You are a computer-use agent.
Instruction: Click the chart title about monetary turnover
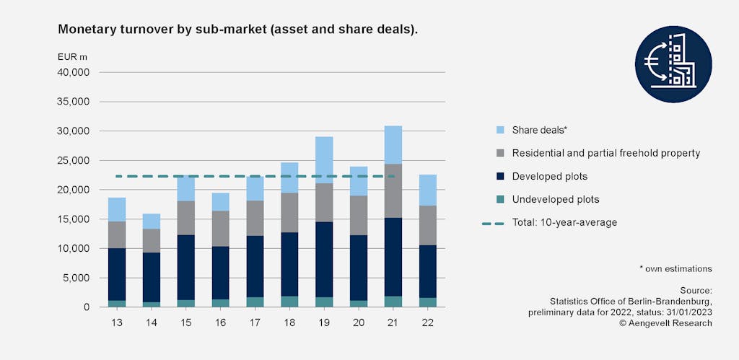(x=238, y=30)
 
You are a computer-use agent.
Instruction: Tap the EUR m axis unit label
(x=72, y=56)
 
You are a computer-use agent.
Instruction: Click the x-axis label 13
(x=116, y=320)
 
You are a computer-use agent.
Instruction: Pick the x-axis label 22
(x=427, y=320)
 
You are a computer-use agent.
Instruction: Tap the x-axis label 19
(x=323, y=320)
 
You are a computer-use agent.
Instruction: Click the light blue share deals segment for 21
(x=393, y=144)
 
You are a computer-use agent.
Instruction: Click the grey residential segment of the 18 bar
(x=289, y=212)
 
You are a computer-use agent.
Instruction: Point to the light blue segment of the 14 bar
(x=151, y=221)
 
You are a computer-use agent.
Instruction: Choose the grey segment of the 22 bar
(x=427, y=225)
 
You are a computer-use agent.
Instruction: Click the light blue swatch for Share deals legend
(x=491, y=130)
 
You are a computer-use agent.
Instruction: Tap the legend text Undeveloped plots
(x=556, y=199)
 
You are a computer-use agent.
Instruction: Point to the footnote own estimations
(x=675, y=268)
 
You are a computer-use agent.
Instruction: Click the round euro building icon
(x=673, y=65)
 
